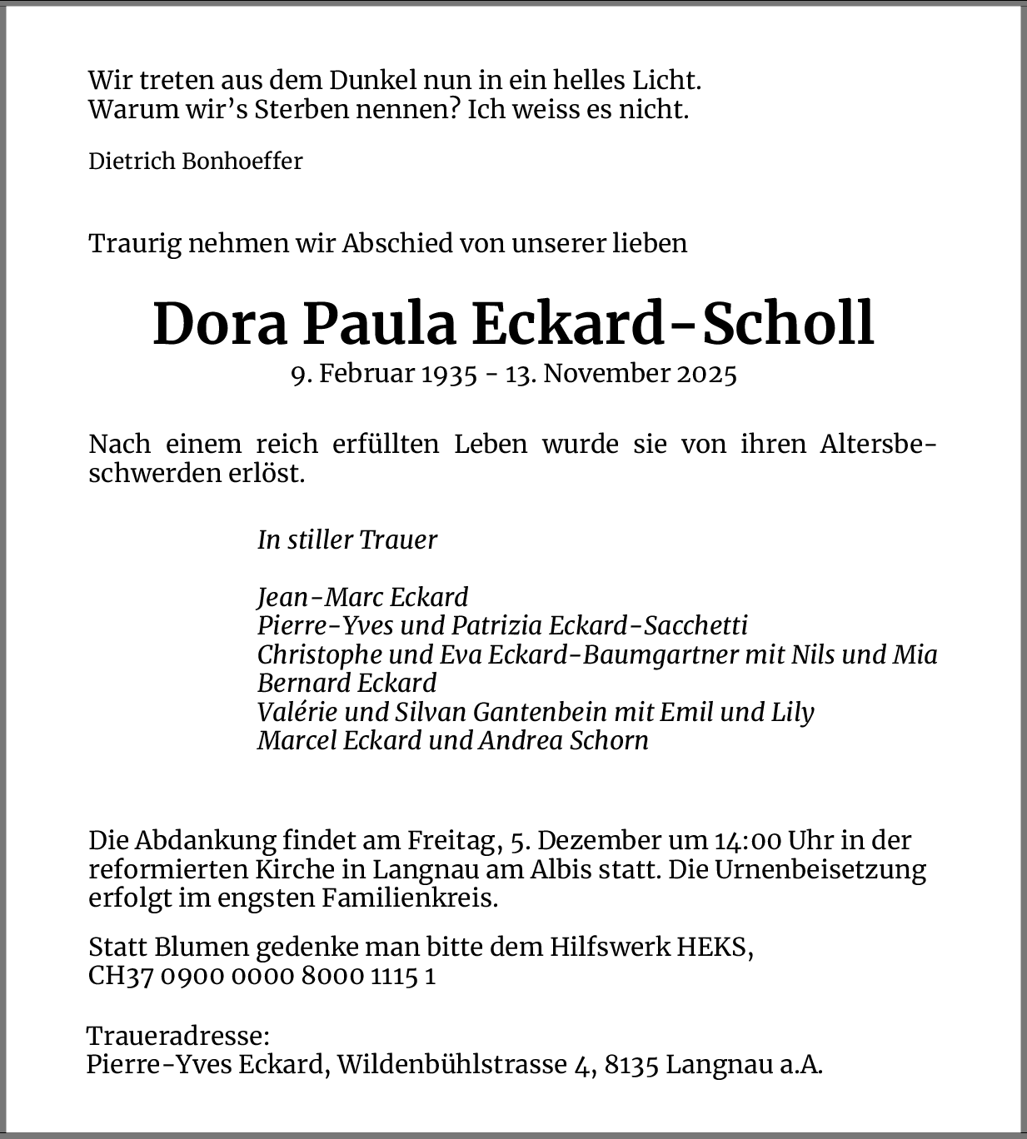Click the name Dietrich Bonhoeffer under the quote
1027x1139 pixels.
196,161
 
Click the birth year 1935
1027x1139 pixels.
449,373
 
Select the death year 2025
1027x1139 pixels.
706,373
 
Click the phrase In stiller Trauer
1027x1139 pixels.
347,540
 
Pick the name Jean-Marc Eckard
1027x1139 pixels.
362,597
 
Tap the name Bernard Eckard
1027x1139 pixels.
346,683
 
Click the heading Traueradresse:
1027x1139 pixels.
178,1037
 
